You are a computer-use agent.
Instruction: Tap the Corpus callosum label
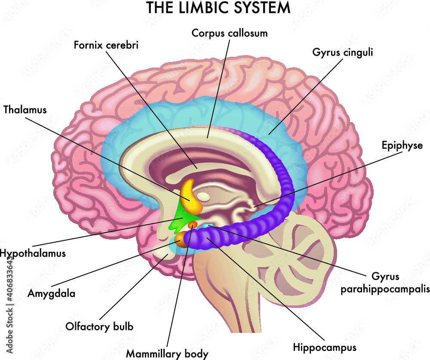tap(230, 33)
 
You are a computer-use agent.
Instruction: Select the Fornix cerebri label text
tap(106, 45)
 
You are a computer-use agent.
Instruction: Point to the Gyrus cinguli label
tap(342, 53)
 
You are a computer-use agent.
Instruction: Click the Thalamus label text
tap(25, 109)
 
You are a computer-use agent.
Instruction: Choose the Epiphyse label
tap(402, 145)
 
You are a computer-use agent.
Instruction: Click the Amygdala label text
tap(51, 294)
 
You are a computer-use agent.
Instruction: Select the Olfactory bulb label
tap(99, 326)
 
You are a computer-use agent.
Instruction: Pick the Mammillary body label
tap(167, 354)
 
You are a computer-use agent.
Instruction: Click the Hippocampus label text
tap(325, 346)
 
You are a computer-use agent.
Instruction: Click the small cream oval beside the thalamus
tap(205, 197)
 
